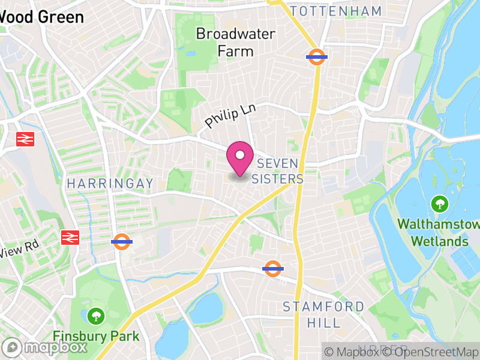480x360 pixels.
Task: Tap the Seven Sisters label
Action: click(x=277, y=171)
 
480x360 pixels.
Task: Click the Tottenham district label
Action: click(x=335, y=11)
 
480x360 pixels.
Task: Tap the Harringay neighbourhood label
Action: click(x=110, y=182)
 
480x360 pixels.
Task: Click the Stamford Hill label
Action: click(x=323, y=314)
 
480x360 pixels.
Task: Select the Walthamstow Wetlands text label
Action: click(x=439, y=233)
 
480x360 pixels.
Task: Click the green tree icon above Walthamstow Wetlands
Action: click(x=440, y=203)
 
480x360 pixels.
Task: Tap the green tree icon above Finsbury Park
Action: click(x=95, y=315)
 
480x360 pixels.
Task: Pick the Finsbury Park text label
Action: click(x=96, y=336)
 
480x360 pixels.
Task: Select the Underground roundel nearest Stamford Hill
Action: click(x=273, y=268)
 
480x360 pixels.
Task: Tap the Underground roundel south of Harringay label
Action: click(x=122, y=242)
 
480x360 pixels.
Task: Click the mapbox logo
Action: click(x=45, y=347)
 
